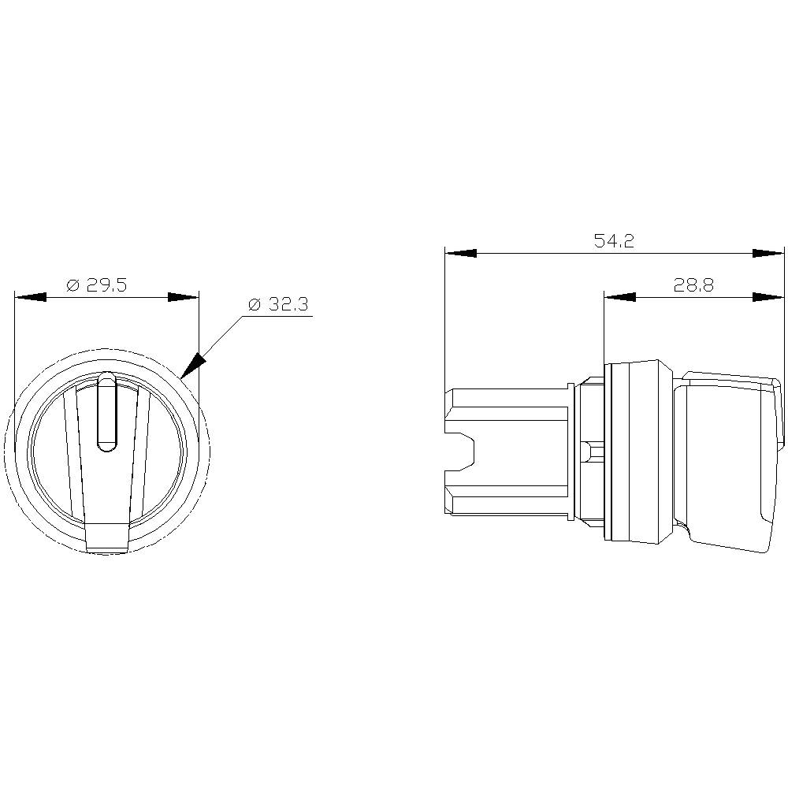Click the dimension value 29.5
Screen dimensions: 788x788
pos(106,285)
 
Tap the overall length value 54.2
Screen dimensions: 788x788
pos(614,242)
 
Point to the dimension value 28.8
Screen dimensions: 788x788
pos(693,285)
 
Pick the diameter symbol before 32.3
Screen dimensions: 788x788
pos(254,304)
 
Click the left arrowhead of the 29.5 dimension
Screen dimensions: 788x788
pos(30,298)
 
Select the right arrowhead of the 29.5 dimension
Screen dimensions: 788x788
pos(184,298)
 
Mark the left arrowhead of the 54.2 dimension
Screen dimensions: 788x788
pos(460,254)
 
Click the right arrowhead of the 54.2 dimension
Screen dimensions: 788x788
pos(769,254)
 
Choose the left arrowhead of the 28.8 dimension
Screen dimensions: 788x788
pos(619,297)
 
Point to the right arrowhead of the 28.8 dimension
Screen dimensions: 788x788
pos(769,297)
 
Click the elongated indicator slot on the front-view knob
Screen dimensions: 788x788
pos(106,414)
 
